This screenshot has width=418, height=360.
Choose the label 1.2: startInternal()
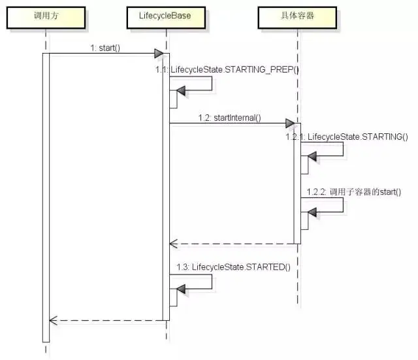(230, 118)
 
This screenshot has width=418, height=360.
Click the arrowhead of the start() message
(159, 53)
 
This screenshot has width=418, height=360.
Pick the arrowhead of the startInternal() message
(290, 123)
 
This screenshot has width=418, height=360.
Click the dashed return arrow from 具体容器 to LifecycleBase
(232, 244)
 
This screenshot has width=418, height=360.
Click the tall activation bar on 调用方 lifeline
(46, 196)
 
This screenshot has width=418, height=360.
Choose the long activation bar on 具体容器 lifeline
(297, 183)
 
